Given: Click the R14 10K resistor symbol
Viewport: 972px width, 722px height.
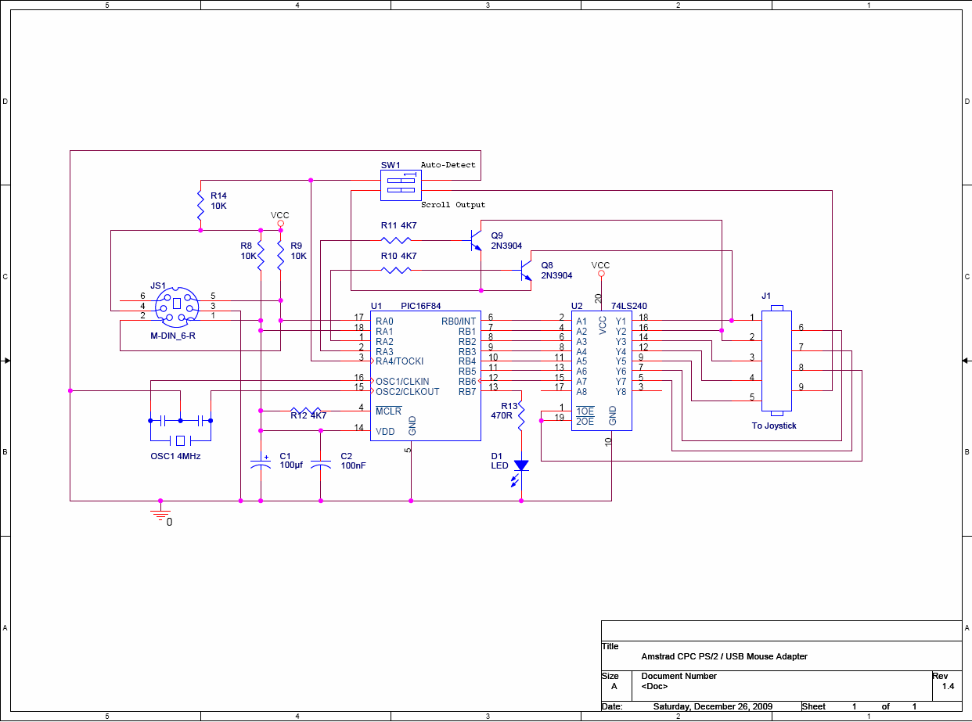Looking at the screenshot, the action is pos(200,205).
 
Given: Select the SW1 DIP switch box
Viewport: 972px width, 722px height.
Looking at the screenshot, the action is pos(401,185).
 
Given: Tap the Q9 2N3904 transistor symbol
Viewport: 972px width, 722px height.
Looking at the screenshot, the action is pos(476,240).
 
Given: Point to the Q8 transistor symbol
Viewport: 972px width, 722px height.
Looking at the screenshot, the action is pos(525,271).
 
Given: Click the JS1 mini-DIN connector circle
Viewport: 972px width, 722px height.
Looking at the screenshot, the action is pos(177,307).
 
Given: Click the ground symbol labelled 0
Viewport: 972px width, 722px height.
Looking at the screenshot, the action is pos(160,515).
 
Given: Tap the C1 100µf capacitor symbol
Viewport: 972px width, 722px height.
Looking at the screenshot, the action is pos(261,464).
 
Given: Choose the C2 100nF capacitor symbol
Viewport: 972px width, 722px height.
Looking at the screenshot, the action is pos(321,465).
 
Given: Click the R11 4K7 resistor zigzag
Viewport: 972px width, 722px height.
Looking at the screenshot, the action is pos(396,240).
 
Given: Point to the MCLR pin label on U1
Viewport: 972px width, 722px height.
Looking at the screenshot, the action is pos(388,411).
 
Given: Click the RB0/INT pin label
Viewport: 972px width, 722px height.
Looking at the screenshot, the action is pos(459,321).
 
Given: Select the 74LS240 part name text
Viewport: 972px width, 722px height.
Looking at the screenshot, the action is pos(629,306).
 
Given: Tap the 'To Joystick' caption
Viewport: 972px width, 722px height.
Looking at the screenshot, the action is pos(774,426).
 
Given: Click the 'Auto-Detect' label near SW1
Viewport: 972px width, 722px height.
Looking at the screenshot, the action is pos(448,165).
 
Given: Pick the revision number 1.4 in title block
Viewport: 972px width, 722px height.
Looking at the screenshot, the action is pos(948,686).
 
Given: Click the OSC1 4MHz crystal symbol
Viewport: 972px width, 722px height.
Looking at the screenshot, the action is pos(180,440).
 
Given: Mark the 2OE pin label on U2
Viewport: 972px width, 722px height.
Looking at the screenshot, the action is pos(585,421).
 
